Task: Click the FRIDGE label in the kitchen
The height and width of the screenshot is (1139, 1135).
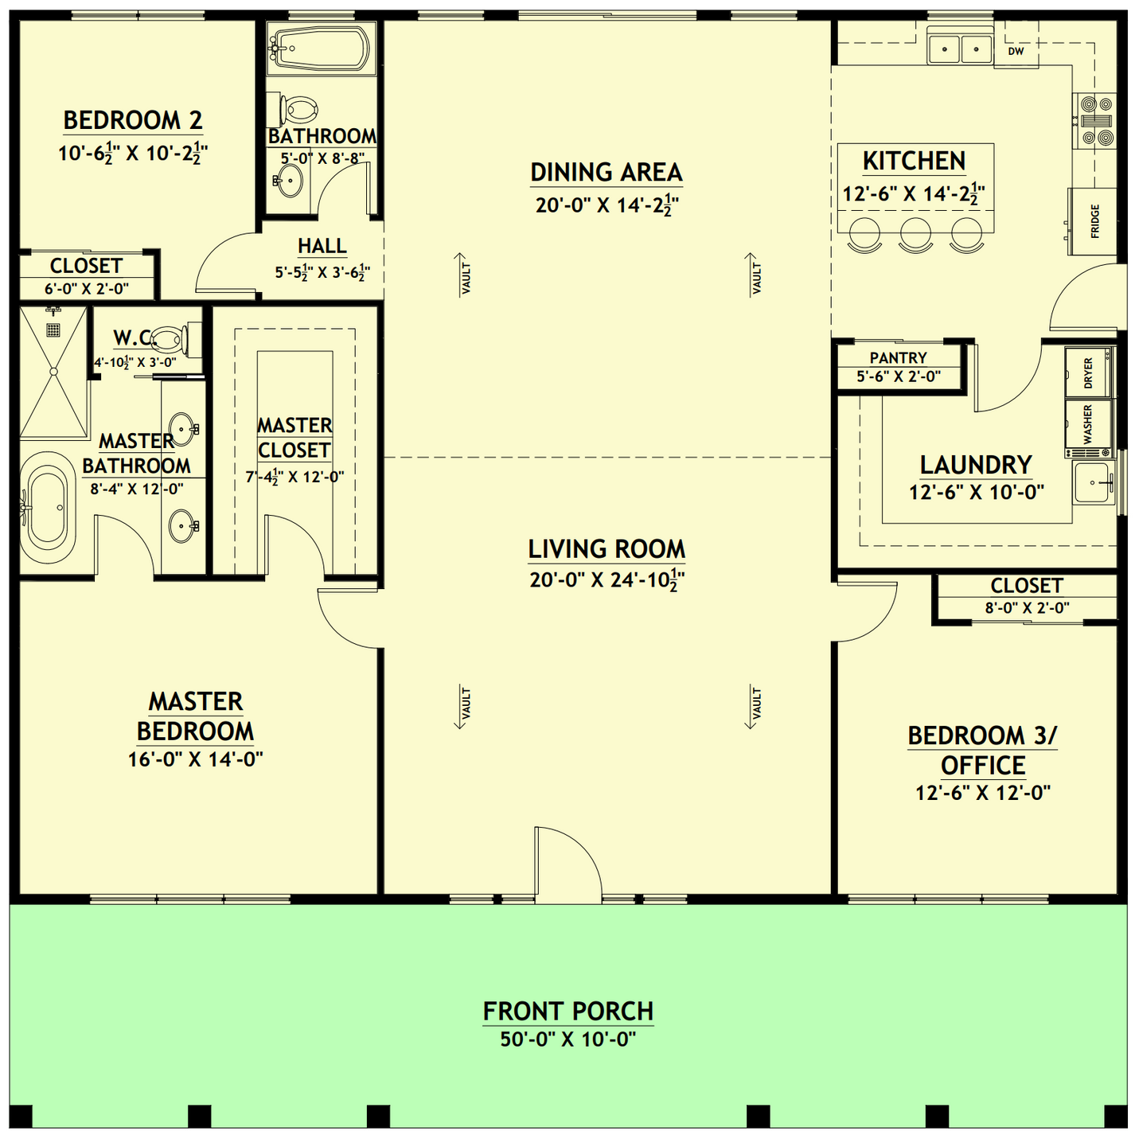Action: click(1095, 221)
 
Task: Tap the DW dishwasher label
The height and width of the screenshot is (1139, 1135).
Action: click(1016, 52)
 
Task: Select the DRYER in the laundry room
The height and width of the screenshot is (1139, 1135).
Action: click(1088, 373)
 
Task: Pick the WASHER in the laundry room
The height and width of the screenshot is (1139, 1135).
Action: click(1088, 423)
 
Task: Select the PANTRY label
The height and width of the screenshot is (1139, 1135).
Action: click(898, 358)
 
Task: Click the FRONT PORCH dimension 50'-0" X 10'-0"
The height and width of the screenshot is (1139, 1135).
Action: click(567, 1040)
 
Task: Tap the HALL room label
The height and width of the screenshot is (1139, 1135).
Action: click(322, 246)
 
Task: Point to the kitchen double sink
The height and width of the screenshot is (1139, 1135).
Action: click(960, 49)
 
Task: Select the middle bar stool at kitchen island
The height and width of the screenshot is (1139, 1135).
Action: click(915, 233)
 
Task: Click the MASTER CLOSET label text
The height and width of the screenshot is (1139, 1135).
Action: click(294, 438)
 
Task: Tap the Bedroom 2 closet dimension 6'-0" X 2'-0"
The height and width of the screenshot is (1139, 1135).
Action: click(86, 289)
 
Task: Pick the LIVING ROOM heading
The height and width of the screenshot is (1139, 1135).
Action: click(607, 549)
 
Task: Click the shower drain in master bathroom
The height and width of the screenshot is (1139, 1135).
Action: click(53, 328)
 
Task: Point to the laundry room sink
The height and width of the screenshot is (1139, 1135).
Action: click(1094, 482)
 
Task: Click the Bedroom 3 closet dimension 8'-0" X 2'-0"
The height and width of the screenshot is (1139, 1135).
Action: click(1026, 608)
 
